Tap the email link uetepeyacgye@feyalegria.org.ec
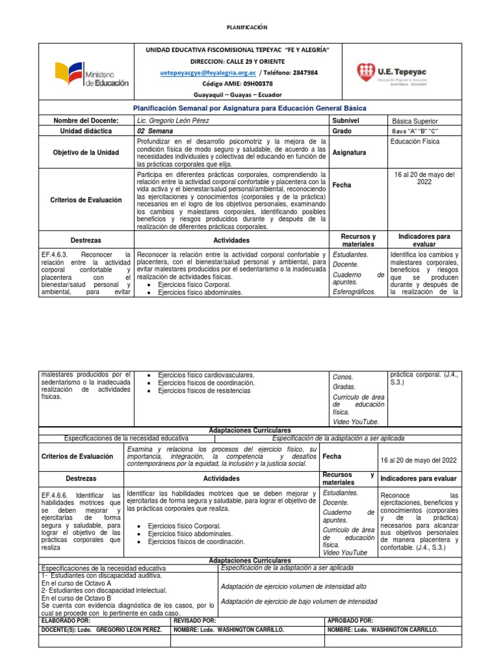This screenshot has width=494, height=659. [208, 73]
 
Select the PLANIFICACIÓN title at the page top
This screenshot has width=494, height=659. [247, 27]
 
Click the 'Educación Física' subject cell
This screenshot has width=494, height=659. [414, 141]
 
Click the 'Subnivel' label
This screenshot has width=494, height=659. [345, 121]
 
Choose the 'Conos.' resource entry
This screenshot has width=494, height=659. [343, 377]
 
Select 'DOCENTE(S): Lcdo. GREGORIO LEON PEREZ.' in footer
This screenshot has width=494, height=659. [102, 629]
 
